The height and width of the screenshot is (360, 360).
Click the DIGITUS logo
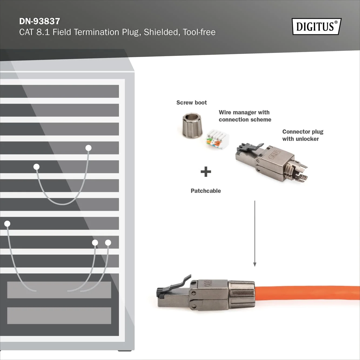tap(317, 26)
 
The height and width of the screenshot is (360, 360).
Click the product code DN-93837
tap(40, 21)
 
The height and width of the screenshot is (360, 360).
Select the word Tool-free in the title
tap(199, 32)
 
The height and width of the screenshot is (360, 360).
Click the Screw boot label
tap(191, 103)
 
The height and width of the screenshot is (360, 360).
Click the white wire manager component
tap(217, 139)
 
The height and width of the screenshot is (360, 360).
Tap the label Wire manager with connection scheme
tap(245, 116)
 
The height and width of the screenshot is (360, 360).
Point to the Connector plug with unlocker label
tap(303, 135)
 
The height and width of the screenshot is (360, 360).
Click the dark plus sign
tap(206, 172)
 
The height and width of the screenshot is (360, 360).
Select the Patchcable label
tap(206, 191)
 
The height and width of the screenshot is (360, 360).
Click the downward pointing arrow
tap(255, 234)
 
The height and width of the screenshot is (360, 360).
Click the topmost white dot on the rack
tap(88, 148)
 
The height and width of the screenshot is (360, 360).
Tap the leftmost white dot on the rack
tap(7, 224)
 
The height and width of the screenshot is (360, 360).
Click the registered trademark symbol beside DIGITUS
tap(336, 22)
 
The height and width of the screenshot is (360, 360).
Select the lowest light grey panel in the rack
tap(59, 315)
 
